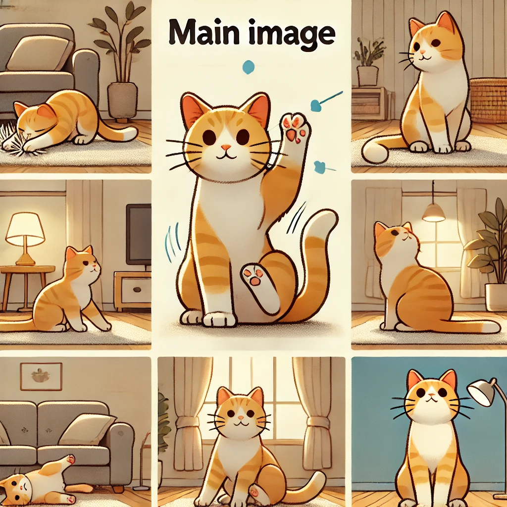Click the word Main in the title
click(x=202, y=33)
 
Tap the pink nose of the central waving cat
click(x=226, y=147)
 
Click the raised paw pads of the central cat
click(x=294, y=128)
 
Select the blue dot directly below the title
click(x=249, y=67)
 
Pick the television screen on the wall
click(x=139, y=234)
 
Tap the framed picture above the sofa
click(x=41, y=376)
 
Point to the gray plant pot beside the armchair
click(x=123, y=101)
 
